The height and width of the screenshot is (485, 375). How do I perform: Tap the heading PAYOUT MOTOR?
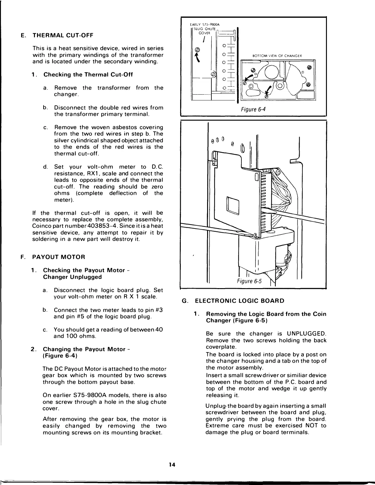tap(59, 257)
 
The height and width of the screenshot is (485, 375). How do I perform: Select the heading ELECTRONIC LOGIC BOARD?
tap(240, 301)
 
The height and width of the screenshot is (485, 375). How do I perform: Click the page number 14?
tap(172, 465)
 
